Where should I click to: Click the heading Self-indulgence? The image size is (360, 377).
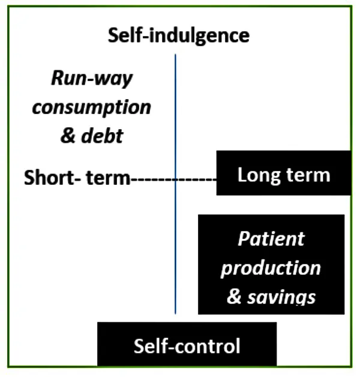click(x=179, y=35)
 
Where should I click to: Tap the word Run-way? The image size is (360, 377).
click(x=92, y=79)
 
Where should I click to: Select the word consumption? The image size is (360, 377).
click(x=92, y=107)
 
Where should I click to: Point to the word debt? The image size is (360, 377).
click(x=103, y=136)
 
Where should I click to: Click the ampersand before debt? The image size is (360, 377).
click(x=68, y=136)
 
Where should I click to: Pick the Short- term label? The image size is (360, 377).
click(x=77, y=178)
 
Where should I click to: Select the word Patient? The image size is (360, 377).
click(x=271, y=239)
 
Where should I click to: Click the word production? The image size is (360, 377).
click(x=271, y=268)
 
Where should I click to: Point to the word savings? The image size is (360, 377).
click(x=281, y=298)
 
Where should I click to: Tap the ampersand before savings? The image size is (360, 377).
click(x=234, y=297)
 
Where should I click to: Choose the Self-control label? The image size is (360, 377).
click(x=187, y=346)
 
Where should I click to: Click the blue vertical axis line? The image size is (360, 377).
click(x=175, y=184)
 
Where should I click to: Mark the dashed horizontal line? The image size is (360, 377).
click(x=173, y=179)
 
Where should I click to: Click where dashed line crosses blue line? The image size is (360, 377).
click(x=175, y=179)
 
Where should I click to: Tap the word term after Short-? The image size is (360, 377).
click(x=108, y=178)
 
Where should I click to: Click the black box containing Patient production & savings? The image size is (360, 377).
click(x=271, y=264)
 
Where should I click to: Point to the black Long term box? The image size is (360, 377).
click(x=284, y=173)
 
